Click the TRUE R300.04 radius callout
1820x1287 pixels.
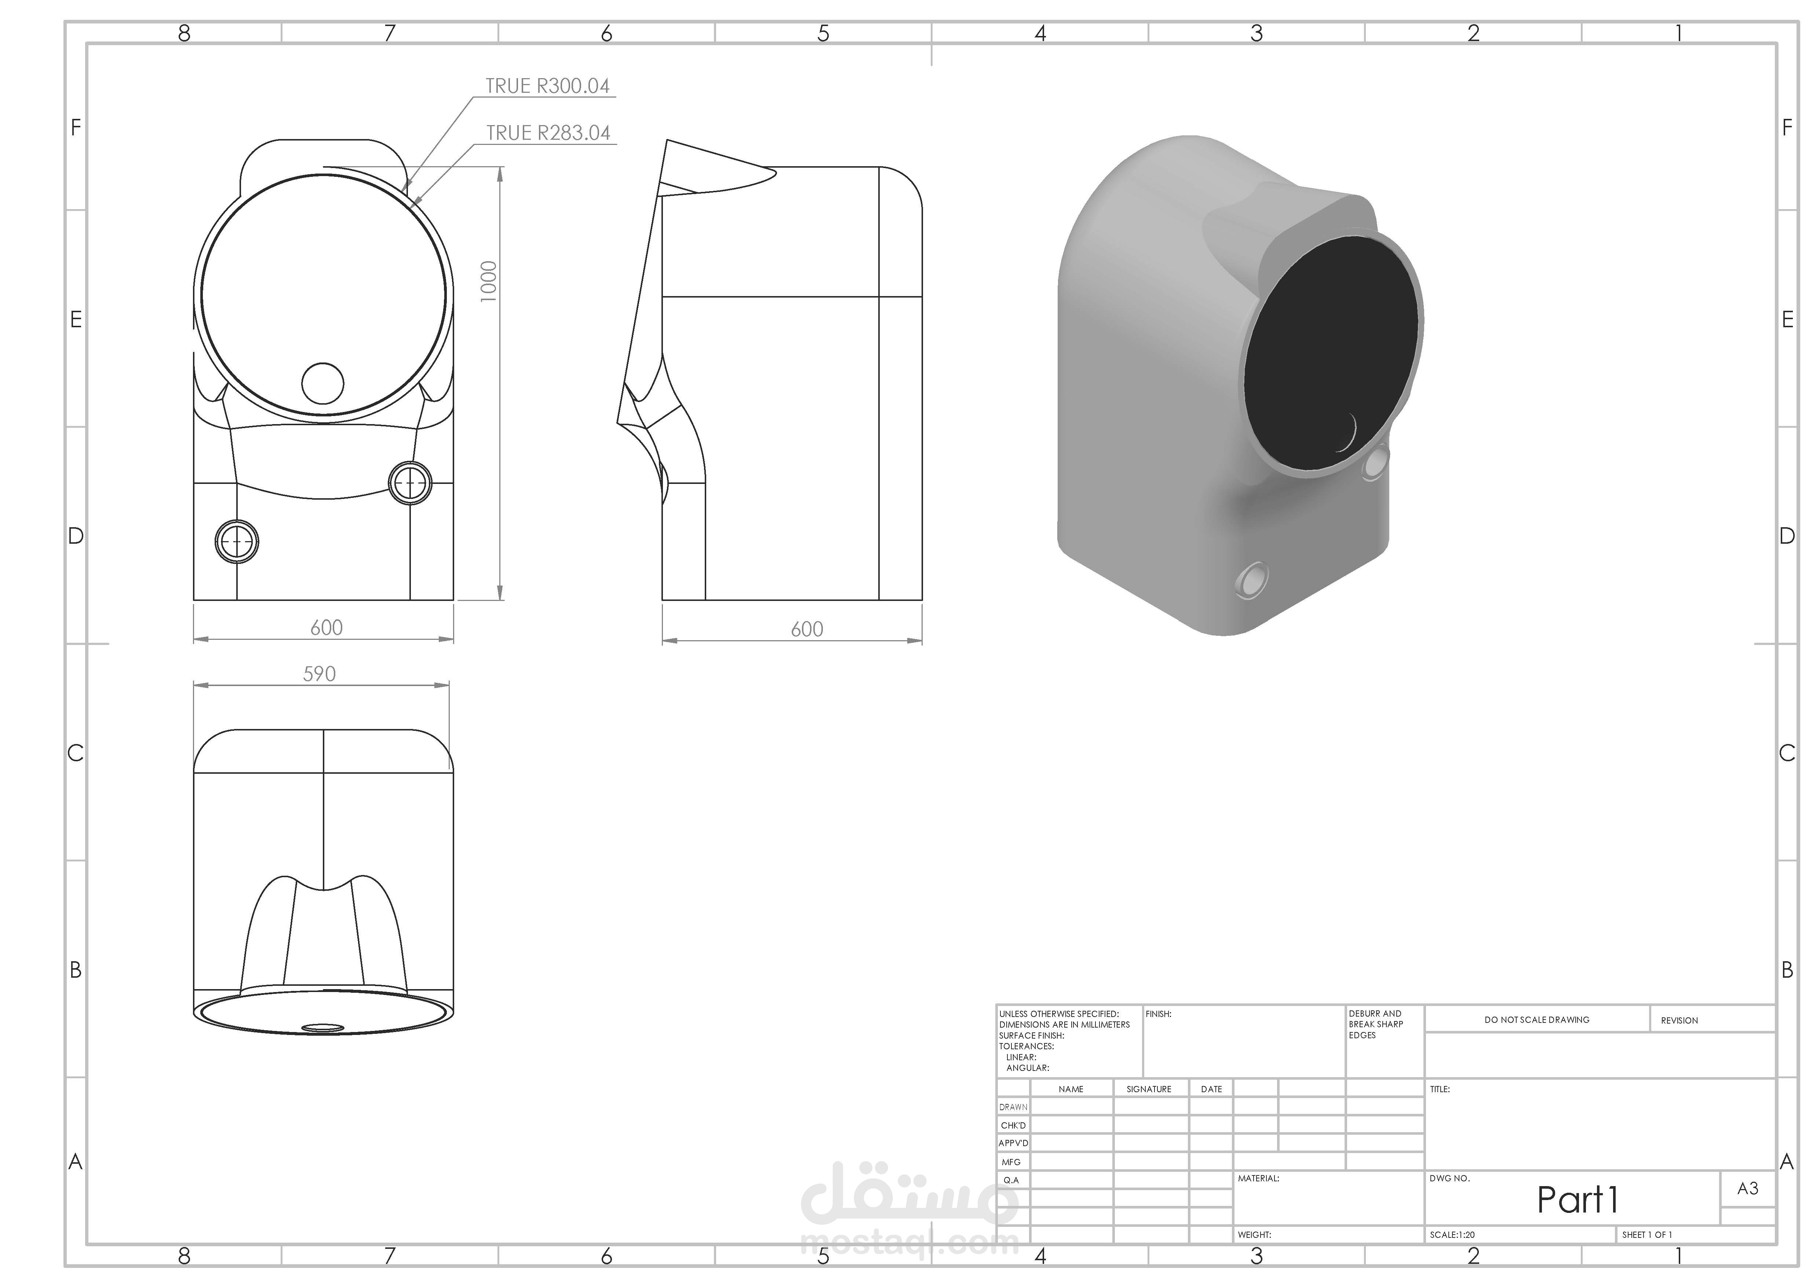click(x=548, y=85)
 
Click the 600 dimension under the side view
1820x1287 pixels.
click(x=807, y=629)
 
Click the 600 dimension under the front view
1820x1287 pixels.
click(x=327, y=628)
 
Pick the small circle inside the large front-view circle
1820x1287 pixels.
click(x=324, y=383)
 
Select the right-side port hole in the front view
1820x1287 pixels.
click(x=411, y=482)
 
